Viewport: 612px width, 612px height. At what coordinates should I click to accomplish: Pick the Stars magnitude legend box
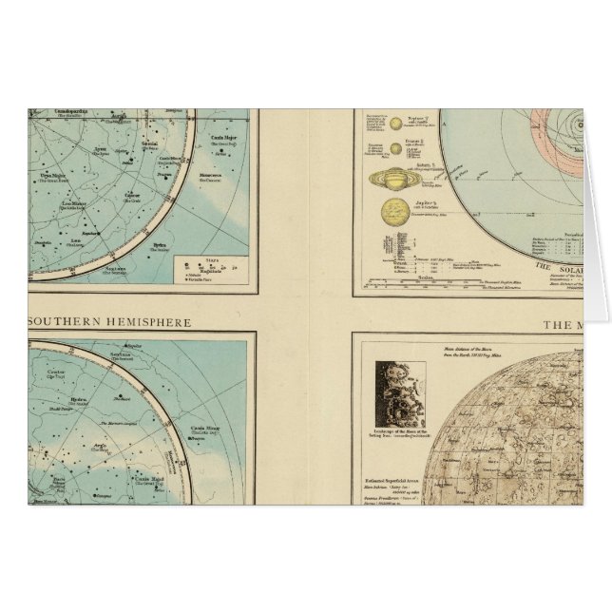click(209, 268)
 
